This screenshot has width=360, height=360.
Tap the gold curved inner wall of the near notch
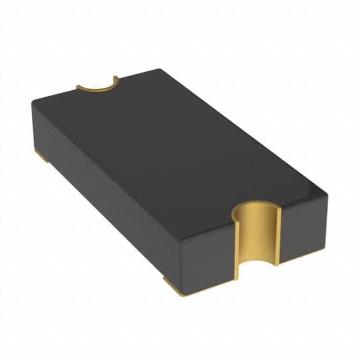[x=256, y=236]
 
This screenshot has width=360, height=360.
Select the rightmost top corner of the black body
[x=325, y=194]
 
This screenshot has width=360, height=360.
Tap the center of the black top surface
[x=174, y=146]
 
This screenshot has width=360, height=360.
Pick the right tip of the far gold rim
[x=115, y=79]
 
